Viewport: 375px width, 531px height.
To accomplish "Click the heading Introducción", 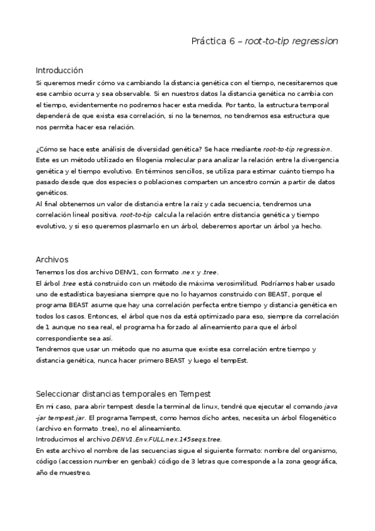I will click(59, 70).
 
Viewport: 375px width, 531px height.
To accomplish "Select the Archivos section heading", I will click(52, 259).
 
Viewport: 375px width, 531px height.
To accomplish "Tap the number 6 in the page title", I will click(232, 41).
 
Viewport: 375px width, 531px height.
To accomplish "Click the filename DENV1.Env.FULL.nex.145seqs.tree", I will click(166, 439).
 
